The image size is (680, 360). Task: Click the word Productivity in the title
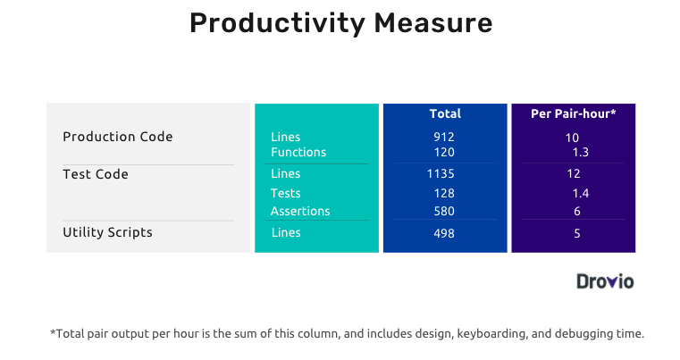tap(278, 24)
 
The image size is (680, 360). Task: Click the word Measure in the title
tap(433, 23)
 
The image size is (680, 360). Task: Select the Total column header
tap(445, 113)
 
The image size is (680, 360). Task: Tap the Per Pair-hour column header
tap(574, 113)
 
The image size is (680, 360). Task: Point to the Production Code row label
tap(118, 137)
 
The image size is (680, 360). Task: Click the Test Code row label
tap(96, 174)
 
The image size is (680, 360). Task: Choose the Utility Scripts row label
tap(107, 232)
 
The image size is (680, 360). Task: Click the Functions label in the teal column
tap(298, 152)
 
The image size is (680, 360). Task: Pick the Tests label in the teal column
tap(285, 194)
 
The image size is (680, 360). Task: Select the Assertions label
tap(300, 211)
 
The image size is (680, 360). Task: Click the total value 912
tap(444, 137)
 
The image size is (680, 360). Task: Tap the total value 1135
tap(441, 174)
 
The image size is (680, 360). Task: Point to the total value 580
tap(444, 211)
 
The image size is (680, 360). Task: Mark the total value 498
tap(444, 233)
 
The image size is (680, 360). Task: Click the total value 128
tap(444, 194)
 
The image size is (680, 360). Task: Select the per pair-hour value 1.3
tap(581, 152)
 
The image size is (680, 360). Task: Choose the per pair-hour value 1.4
tap(581, 194)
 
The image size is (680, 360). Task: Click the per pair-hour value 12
tap(574, 174)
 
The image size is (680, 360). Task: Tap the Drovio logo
tap(605, 281)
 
